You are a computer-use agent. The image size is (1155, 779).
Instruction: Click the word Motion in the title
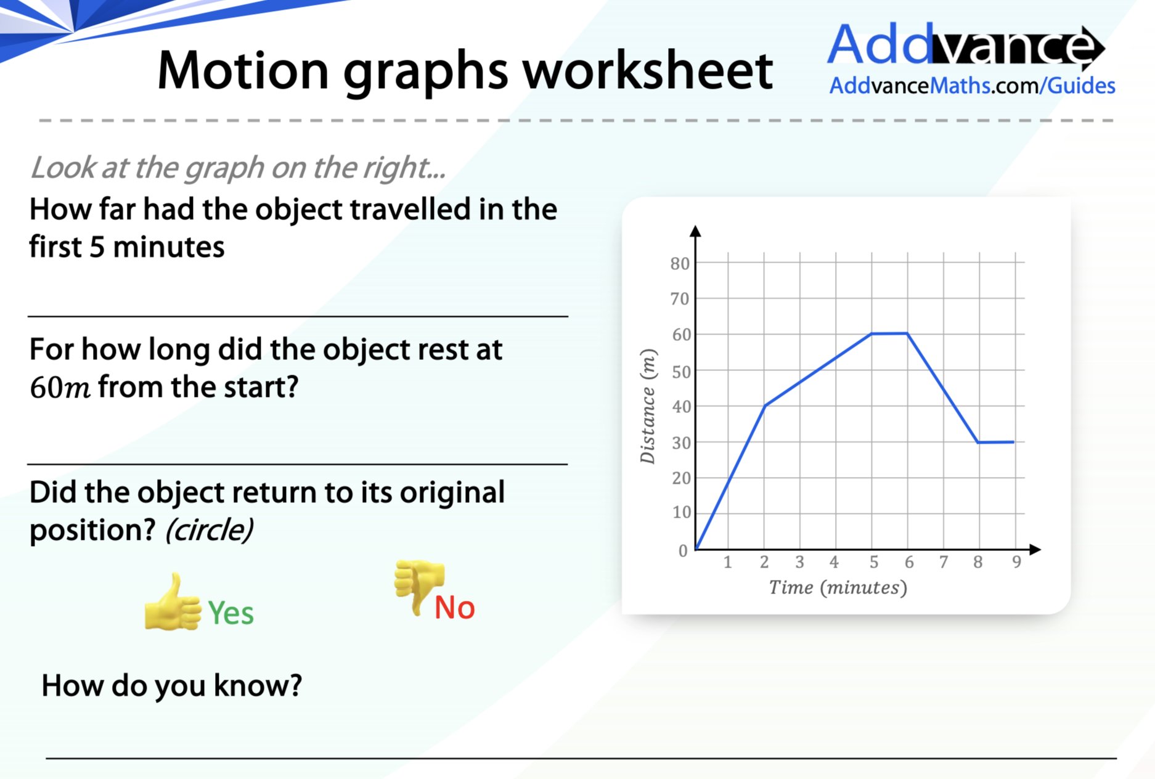pos(243,70)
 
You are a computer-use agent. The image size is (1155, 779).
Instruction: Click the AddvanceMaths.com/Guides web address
pos(972,86)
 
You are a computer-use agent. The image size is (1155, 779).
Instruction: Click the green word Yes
pos(231,613)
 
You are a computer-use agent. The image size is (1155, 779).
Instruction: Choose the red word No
pos(454,608)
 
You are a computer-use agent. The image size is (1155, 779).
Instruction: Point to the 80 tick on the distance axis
pos(680,264)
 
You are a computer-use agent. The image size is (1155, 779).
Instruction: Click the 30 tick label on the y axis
pos(681,443)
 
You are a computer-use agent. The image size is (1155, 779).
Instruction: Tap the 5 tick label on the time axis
pos(873,562)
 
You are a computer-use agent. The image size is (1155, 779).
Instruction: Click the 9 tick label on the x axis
pos(1016,562)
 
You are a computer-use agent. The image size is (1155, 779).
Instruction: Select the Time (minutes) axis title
pos(838,587)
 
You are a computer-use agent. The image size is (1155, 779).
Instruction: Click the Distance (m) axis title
pos(647,406)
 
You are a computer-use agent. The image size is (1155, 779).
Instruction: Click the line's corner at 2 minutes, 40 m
pos(764,406)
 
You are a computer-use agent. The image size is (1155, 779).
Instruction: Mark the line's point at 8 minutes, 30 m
pos(978,442)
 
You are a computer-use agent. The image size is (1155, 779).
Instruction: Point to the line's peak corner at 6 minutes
pos(907,333)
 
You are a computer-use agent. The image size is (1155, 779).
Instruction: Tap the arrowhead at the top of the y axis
pos(695,231)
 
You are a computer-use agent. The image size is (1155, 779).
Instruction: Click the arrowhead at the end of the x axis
pos(1035,549)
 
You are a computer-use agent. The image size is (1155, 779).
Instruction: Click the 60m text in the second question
pos(60,388)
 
